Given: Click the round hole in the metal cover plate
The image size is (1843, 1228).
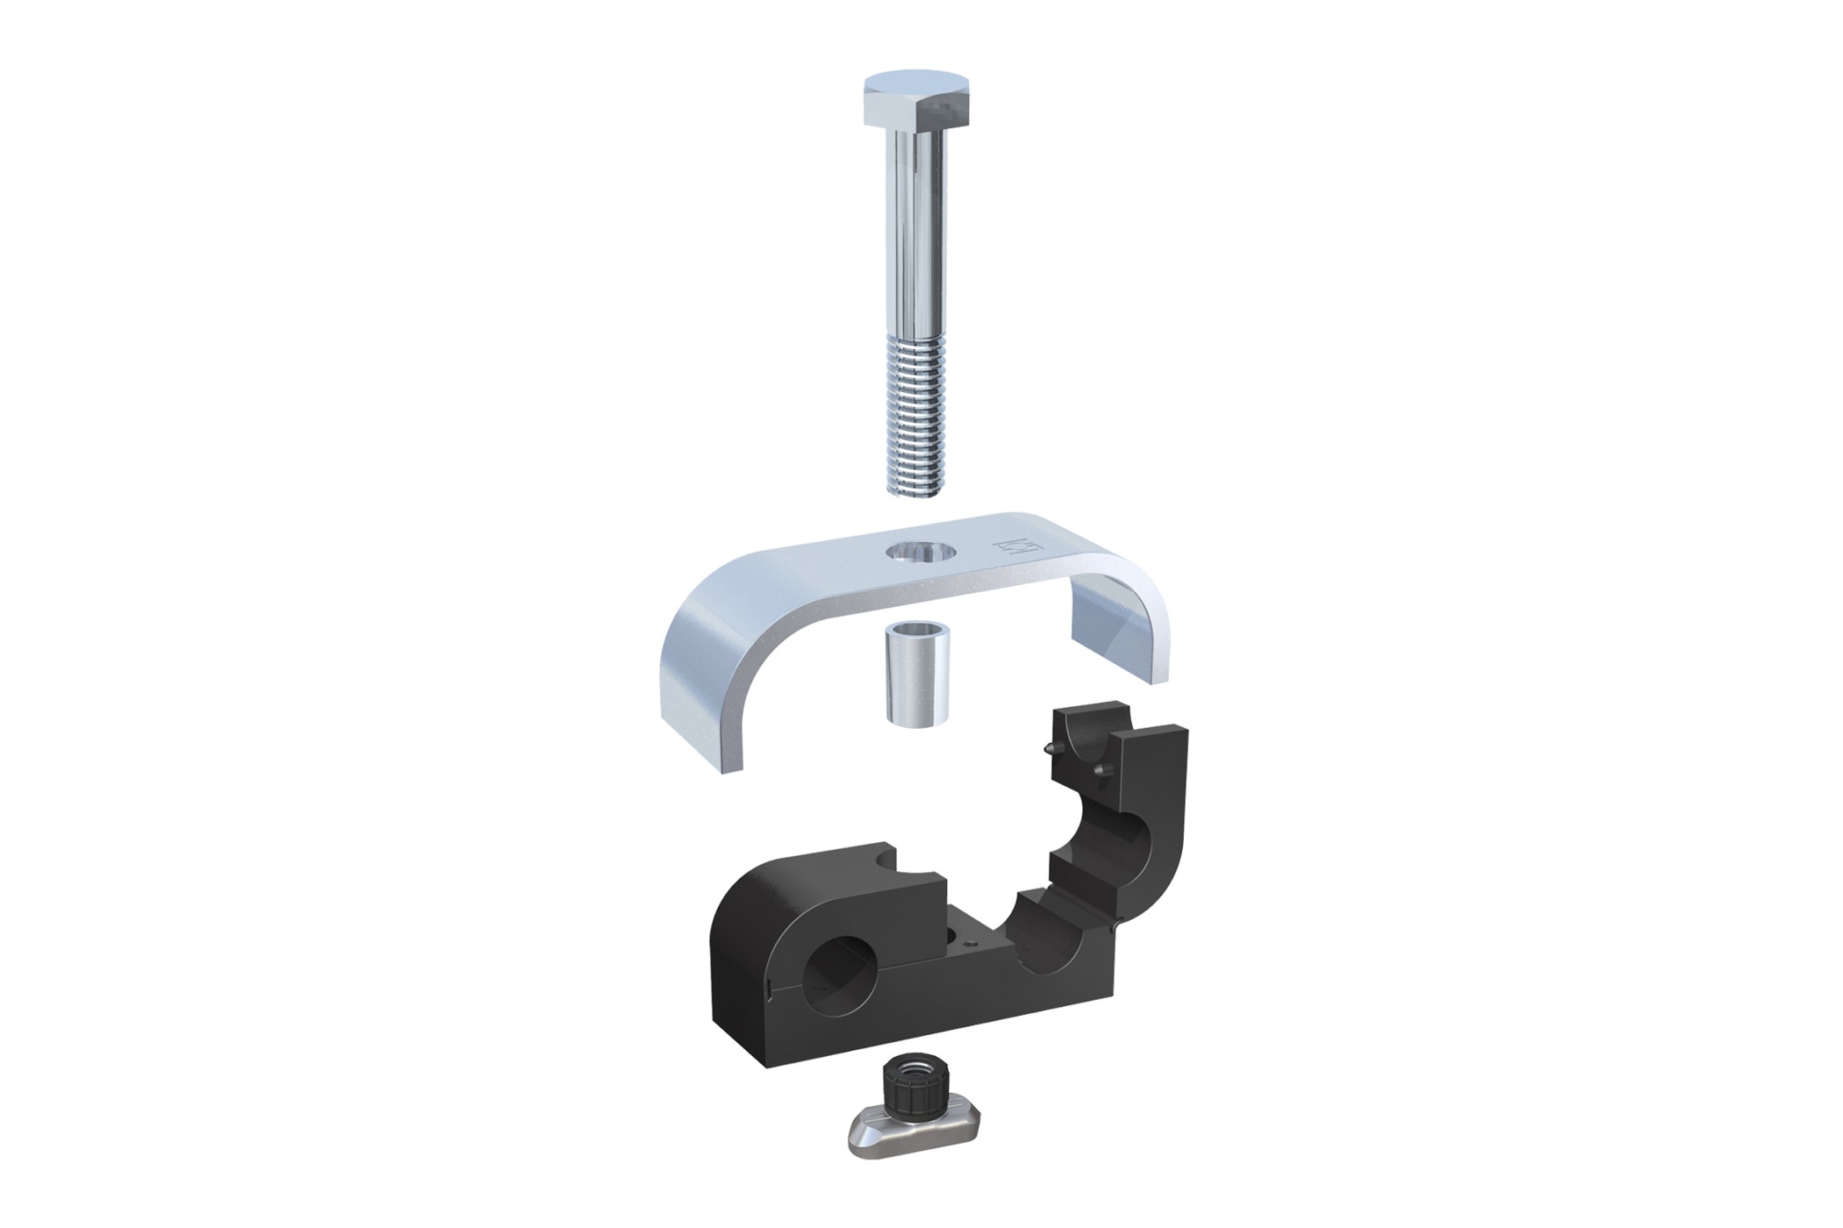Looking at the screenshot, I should [x=919, y=553].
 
